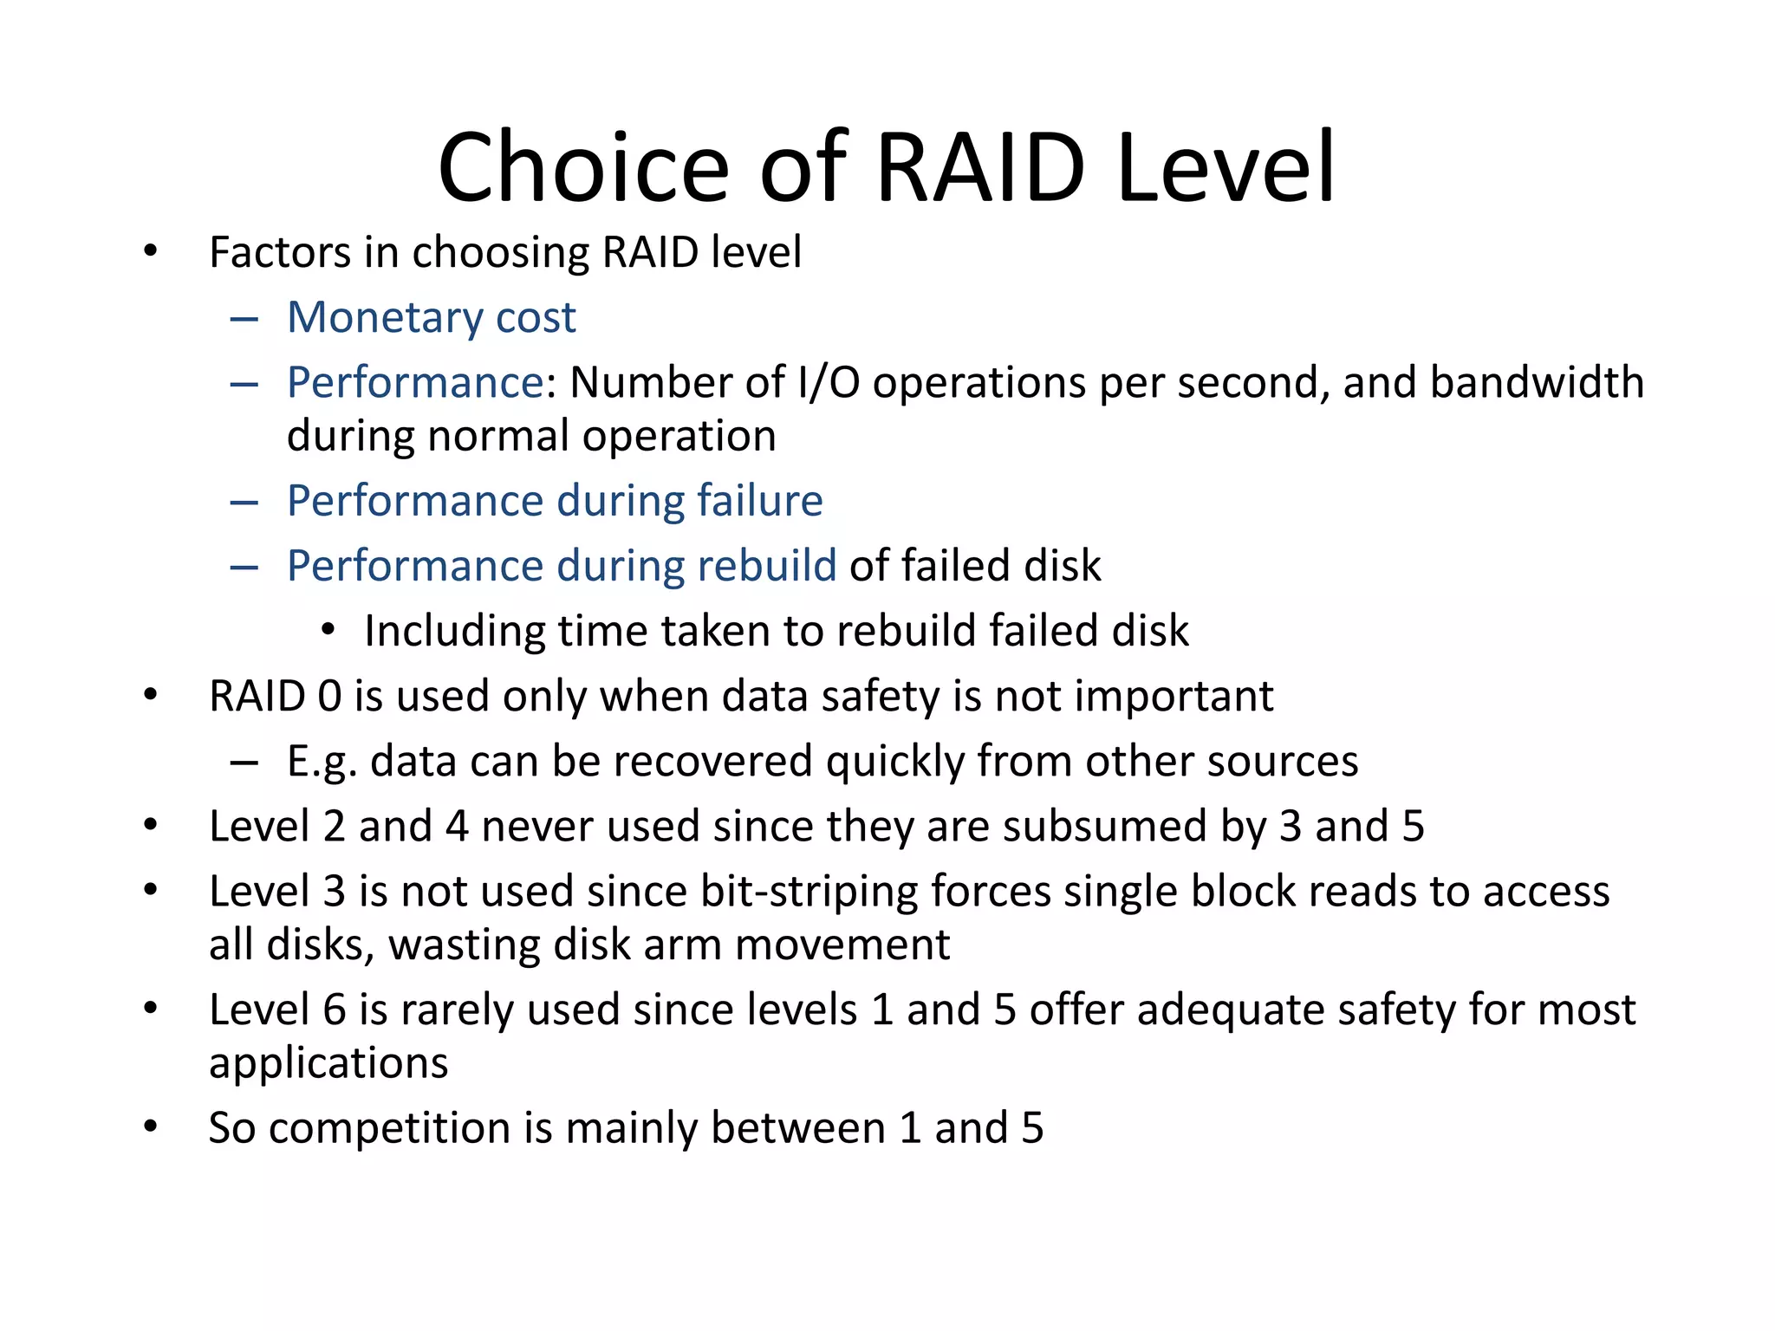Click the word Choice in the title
[x=584, y=166]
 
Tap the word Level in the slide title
[x=1226, y=166]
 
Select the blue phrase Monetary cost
[x=431, y=317]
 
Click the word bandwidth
[x=1536, y=382]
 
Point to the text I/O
[x=828, y=382]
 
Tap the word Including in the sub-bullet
[x=454, y=631]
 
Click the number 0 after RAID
[x=329, y=696]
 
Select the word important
[x=1174, y=696]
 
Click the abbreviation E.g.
[x=322, y=762]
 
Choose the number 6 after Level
[x=335, y=1010]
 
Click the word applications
[x=328, y=1063]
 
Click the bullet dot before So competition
[x=151, y=1126]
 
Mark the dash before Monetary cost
[x=244, y=319]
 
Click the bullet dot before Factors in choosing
[x=151, y=251]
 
